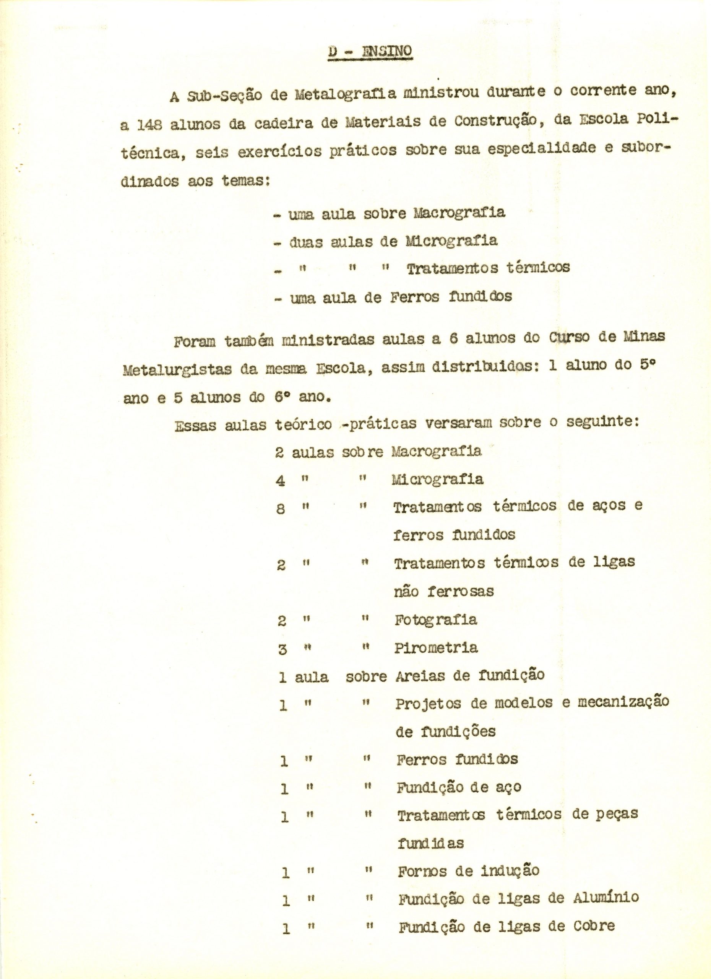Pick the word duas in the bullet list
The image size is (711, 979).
306,242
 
